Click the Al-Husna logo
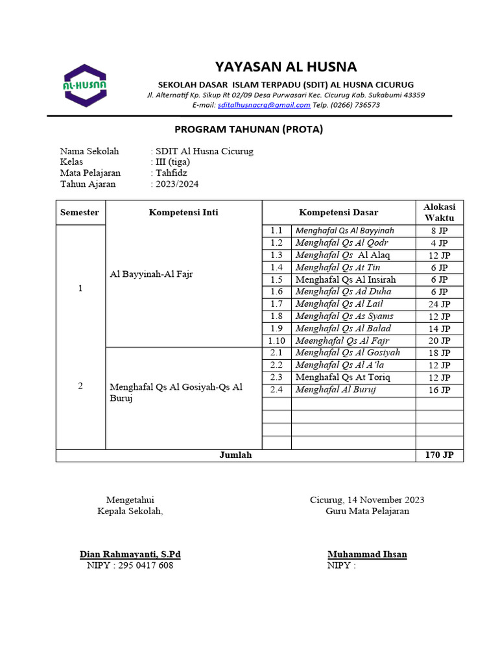pos(85,86)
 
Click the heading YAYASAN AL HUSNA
pos(286,67)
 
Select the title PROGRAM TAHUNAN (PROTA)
pos(249,129)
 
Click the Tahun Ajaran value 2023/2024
pos(176,184)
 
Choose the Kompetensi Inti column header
pos(184,213)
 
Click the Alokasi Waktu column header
pos(439,212)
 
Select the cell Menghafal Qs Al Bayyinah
pos(344,231)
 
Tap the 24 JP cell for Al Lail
pos(439,304)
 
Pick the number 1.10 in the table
pos(277,341)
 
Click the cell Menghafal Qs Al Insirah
pos(346,279)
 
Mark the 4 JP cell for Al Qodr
pos(439,243)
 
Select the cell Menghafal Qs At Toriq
pos(344,377)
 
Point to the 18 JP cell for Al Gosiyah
pos(439,353)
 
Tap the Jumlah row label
pos(235,456)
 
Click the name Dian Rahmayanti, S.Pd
pos(130,554)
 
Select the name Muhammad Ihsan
pos(367,554)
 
